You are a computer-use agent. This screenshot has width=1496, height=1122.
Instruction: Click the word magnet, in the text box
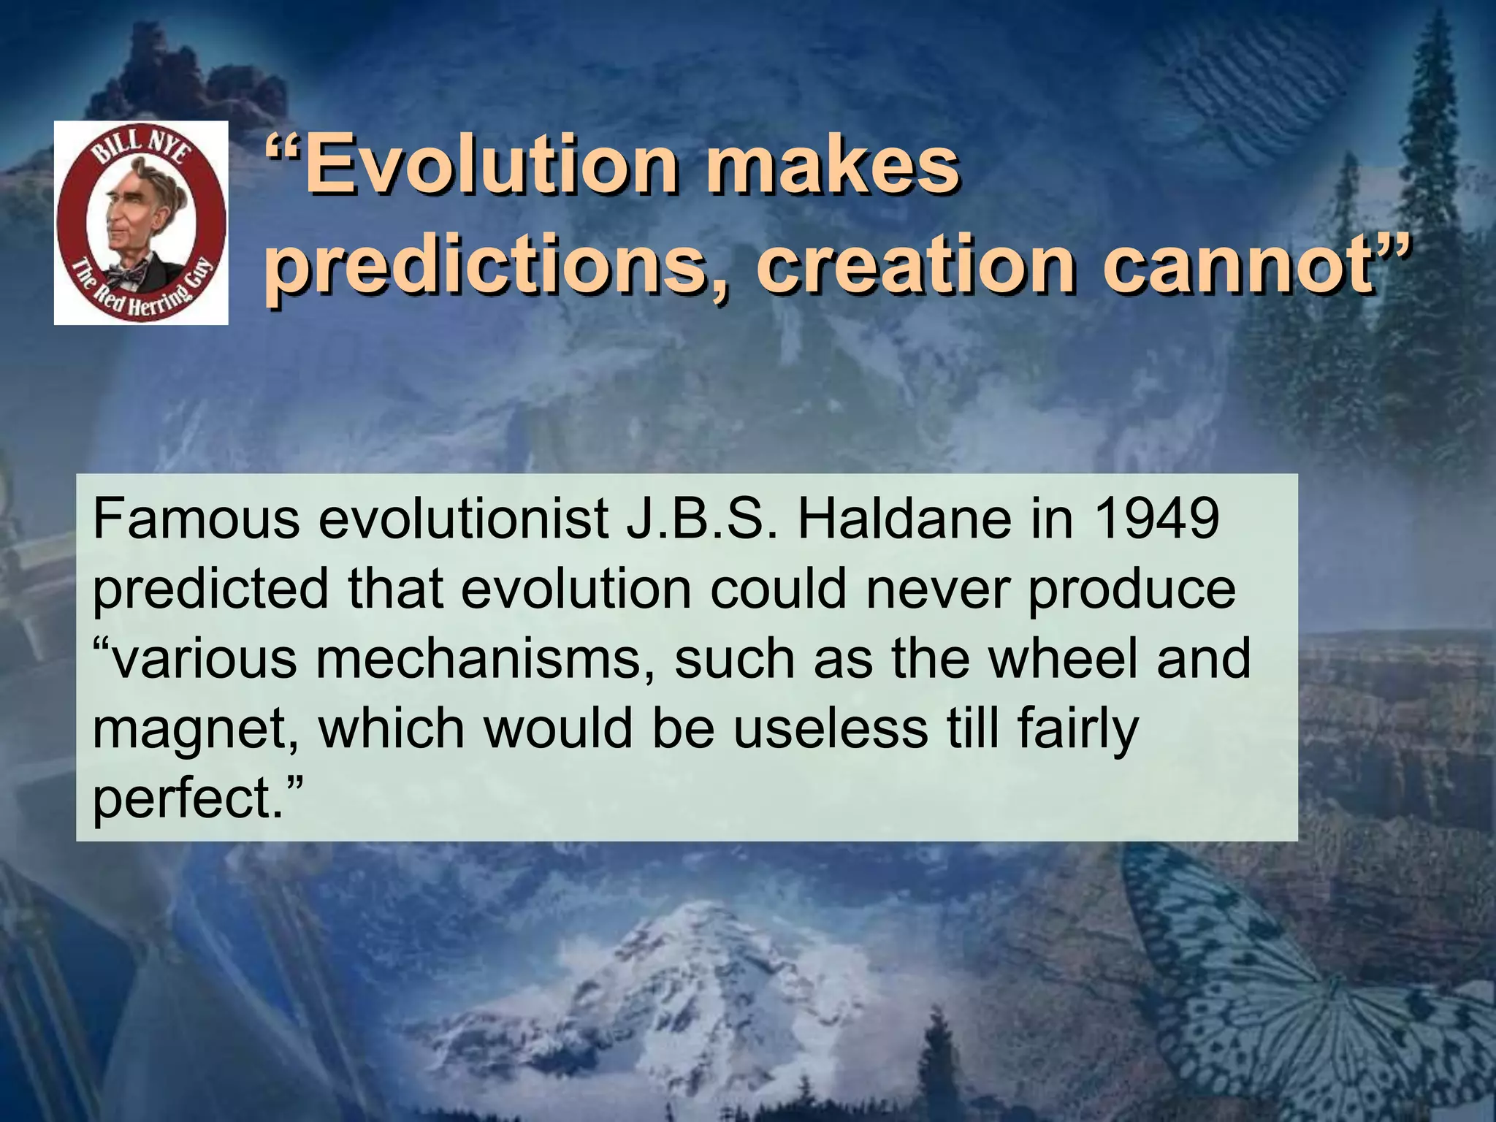[x=196, y=729]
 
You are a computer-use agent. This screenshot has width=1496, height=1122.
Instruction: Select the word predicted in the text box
[x=211, y=589]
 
